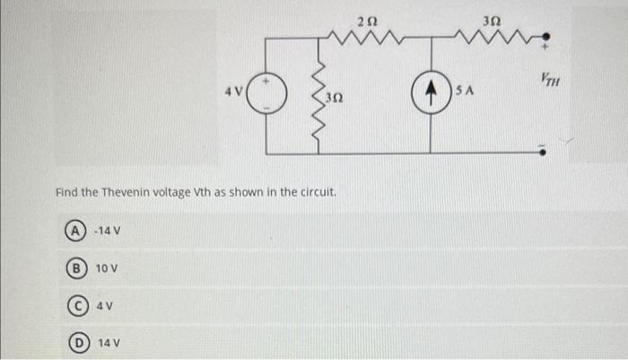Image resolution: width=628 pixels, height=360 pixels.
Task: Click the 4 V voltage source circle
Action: (x=265, y=92)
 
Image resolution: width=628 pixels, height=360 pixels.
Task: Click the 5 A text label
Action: (x=464, y=91)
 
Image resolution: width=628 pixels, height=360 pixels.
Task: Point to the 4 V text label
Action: (x=235, y=91)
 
